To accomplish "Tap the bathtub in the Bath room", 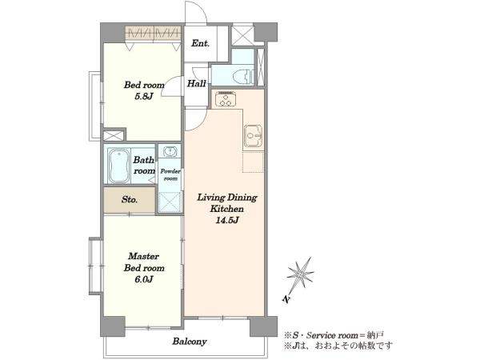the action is (118, 166).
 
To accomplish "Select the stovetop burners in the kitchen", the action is (226, 99).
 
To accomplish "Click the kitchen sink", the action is (253, 136).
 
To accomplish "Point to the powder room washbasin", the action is (170, 151).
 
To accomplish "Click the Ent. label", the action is (201, 43).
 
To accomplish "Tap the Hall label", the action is (196, 83).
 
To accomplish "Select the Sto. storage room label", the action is (129, 200).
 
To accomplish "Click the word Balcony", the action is (189, 342).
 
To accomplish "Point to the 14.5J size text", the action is (227, 220).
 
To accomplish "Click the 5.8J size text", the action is (144, 97).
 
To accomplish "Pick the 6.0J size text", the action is (143, 279).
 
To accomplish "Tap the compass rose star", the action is (300, 274).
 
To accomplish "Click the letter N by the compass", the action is (286, 299).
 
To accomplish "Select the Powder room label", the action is (170, 174).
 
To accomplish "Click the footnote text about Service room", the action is (334, 335).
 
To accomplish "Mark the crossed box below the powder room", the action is (170, 202).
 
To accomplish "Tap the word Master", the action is (143, 256).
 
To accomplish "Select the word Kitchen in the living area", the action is (227, 209).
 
